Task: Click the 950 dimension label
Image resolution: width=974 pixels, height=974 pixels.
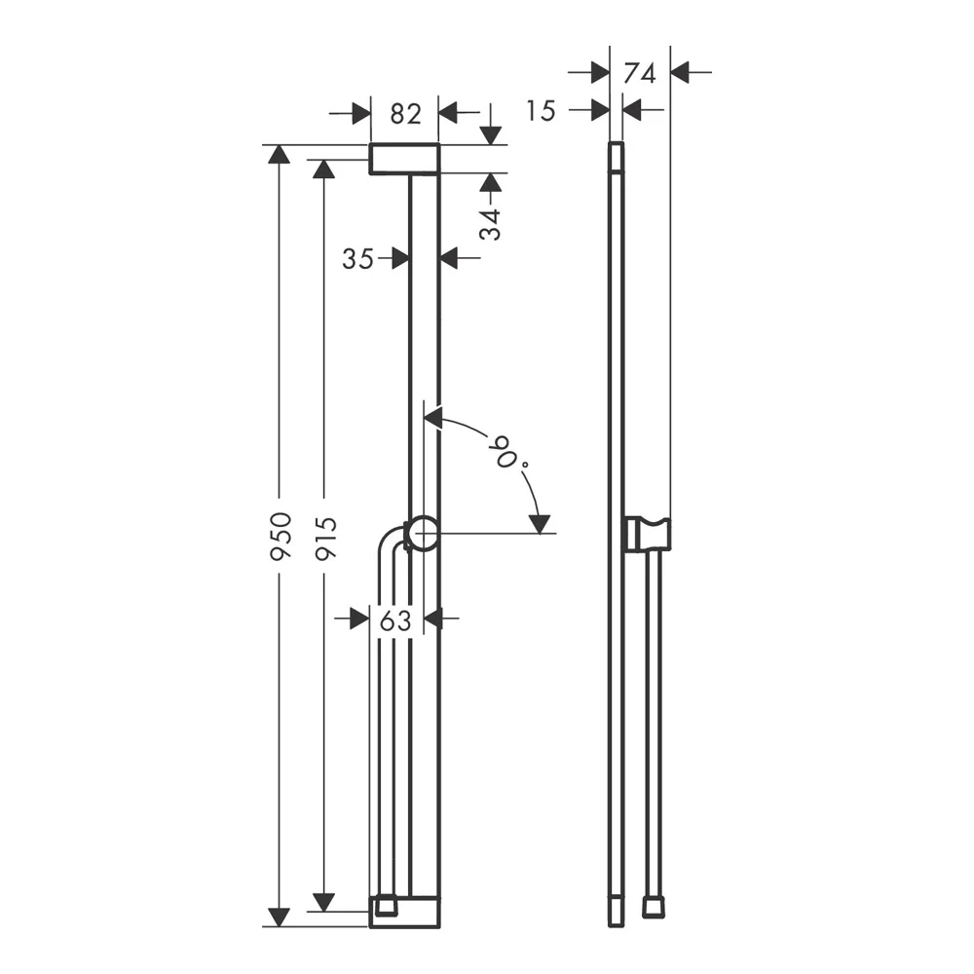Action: [281, 536]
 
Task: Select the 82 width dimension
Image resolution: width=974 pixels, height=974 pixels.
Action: [405, 114]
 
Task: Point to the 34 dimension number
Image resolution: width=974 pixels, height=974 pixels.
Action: [491, 224]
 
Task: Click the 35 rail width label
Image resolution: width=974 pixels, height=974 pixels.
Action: [357, 258]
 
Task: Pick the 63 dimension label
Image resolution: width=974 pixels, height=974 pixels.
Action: [395, 619]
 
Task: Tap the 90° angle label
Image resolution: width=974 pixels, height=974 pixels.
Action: [510, 452]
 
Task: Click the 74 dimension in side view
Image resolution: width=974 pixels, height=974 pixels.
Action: [640, 74]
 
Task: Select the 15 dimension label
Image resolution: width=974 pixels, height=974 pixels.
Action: [541, 111]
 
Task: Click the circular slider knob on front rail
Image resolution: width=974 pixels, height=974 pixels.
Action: [424, 533]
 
